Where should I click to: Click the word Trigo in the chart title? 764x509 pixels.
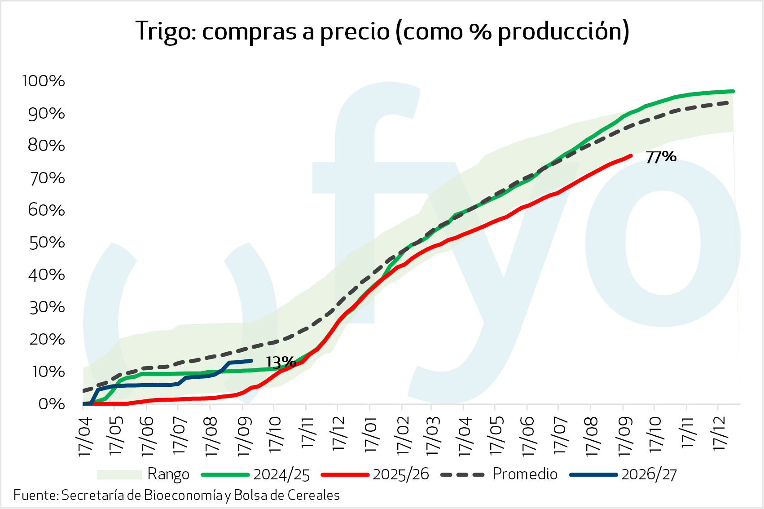coord(166,31)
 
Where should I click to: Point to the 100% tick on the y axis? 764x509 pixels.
coord(43,81)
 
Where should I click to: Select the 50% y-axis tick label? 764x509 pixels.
coord(47,243)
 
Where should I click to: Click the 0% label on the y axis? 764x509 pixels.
coord(52,404)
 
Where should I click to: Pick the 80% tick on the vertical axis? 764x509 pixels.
coord(46,146)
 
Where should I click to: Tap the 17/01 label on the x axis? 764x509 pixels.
coord(371,435)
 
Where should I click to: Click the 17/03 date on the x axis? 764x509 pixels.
coord(433,436)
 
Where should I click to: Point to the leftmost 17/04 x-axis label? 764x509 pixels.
coord(85,437)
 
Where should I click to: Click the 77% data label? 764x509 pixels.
coord(661,157)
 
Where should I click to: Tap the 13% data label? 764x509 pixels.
coord(281,362)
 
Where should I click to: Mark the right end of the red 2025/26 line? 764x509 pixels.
coord(631,156)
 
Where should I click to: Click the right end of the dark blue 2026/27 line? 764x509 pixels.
coord(251,360)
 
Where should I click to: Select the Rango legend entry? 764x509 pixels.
coord(143,474)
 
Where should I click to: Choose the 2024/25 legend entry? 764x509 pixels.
coord(255,474)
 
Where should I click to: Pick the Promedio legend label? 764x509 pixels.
coord(525,474)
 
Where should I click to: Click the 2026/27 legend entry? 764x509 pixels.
coord(623,474)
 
